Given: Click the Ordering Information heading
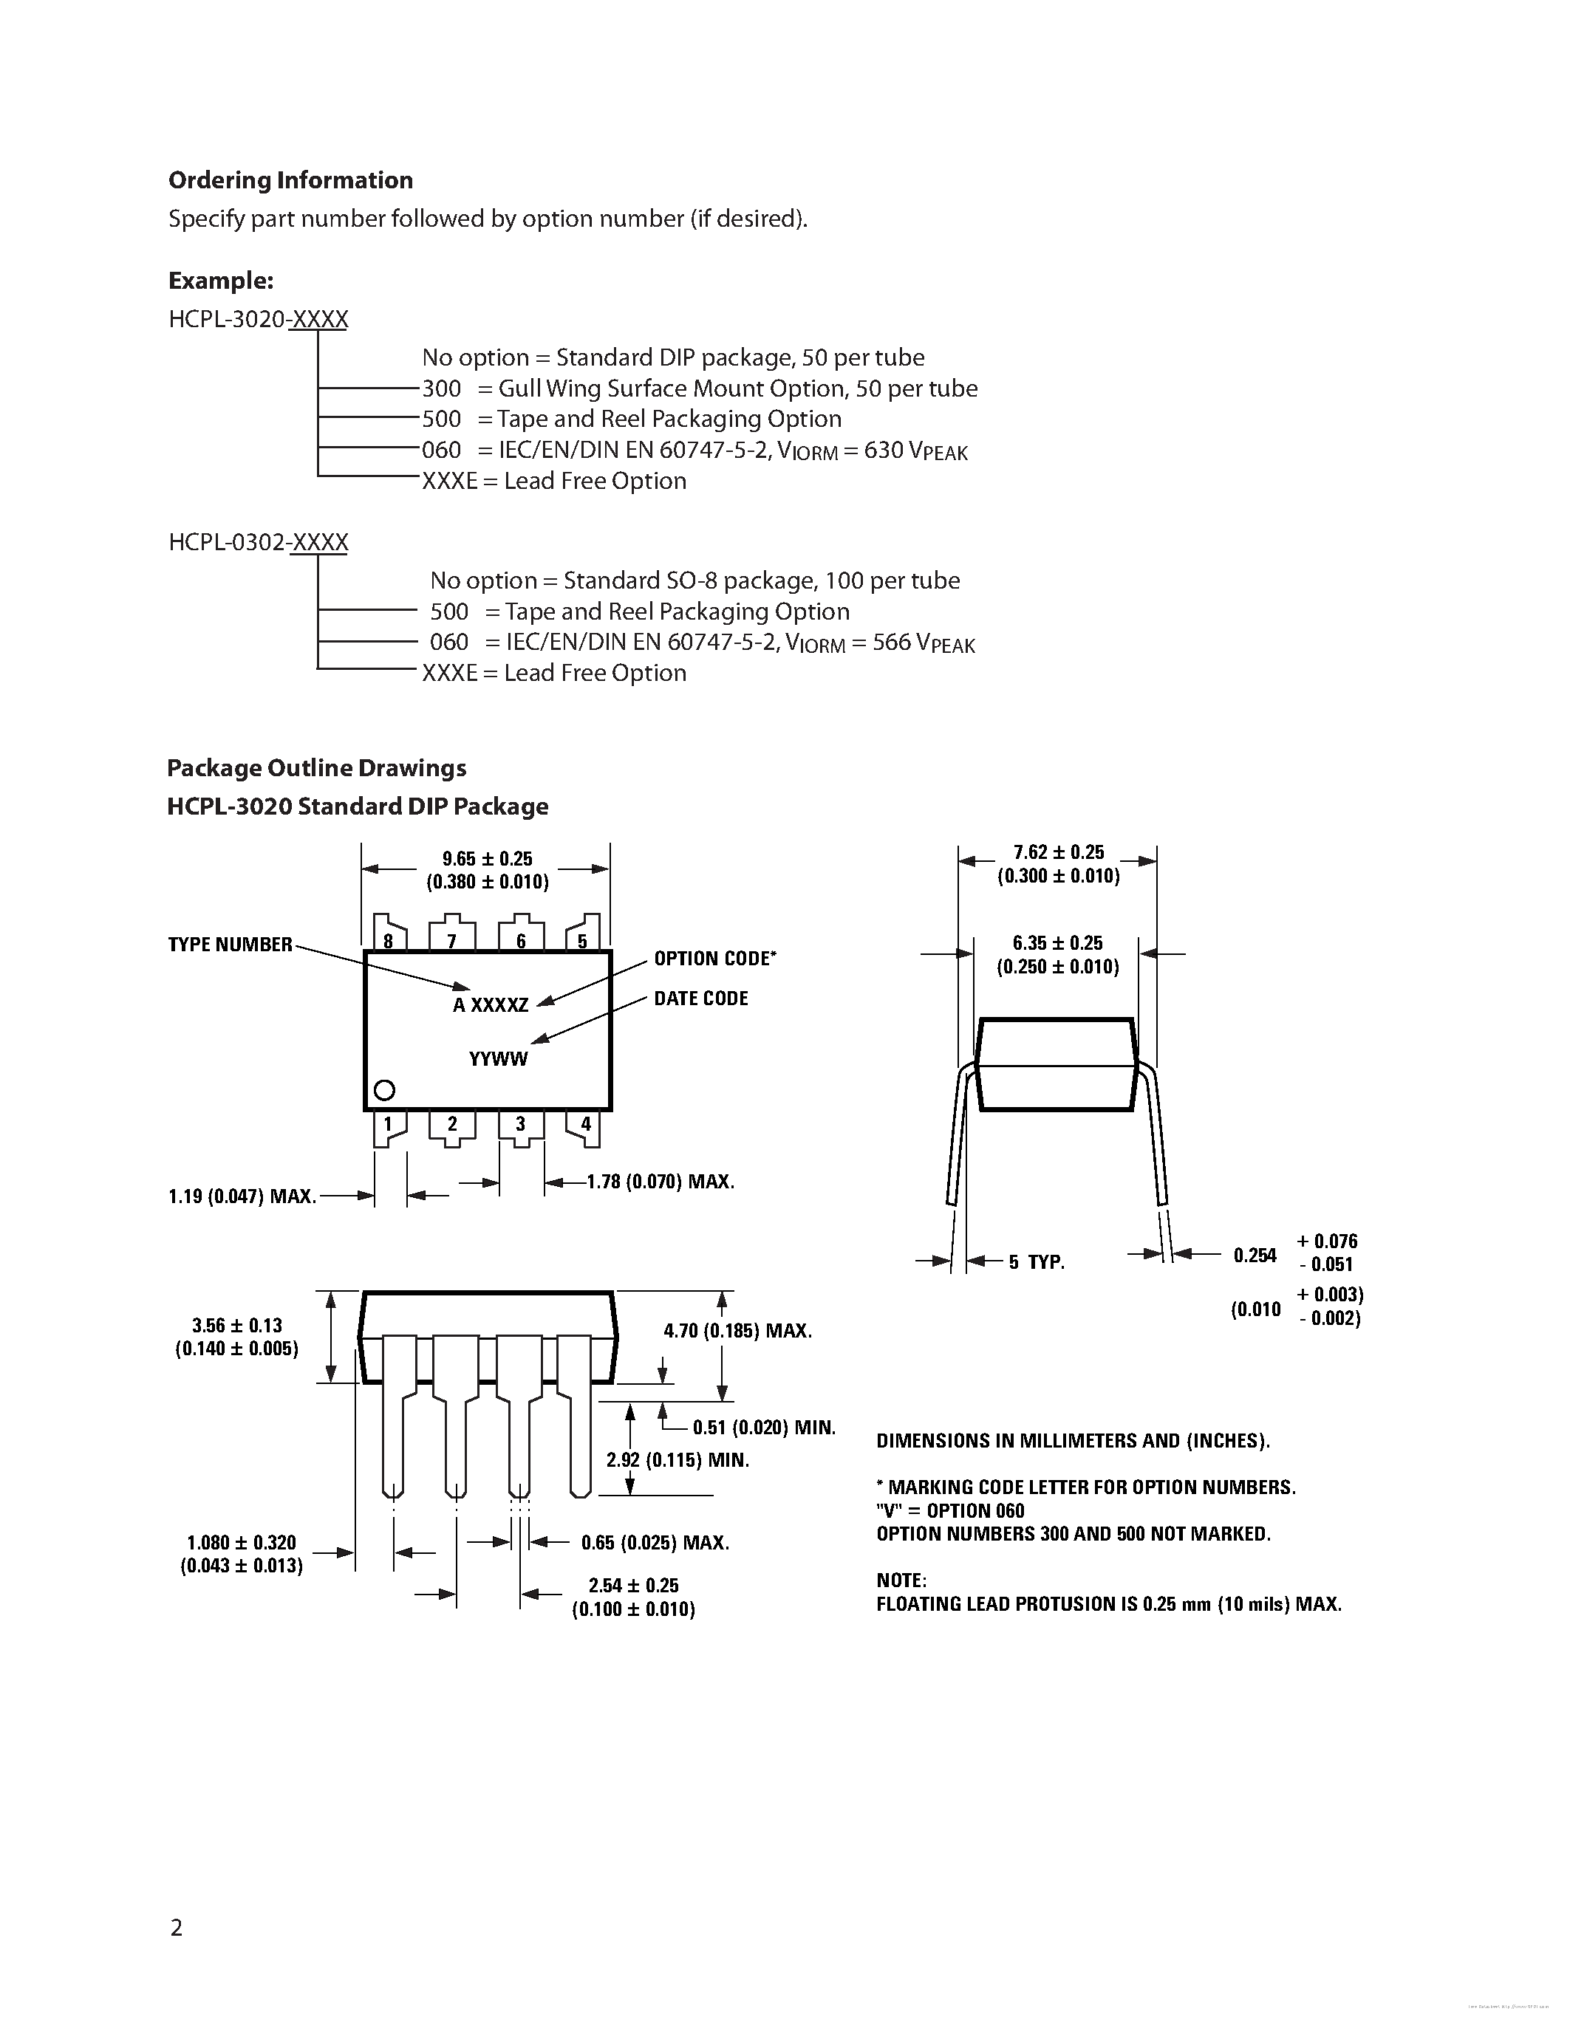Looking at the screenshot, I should pos(290,180).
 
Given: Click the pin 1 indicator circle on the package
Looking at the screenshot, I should pos(384,1090).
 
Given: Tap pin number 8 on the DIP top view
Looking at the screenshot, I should pos(388,940).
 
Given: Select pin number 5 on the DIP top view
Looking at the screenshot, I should pos(582,940).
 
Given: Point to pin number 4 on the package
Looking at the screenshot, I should pos(585,1124).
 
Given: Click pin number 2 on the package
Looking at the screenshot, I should pos(452,1124).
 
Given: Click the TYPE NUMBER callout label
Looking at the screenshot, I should pos(230,945).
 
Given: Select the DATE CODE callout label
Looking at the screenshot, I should pos(700,999).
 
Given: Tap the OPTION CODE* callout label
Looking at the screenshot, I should pos(714,959).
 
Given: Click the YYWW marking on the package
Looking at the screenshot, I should pos(498,1059).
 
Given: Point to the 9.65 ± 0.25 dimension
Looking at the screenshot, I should pos(488,859).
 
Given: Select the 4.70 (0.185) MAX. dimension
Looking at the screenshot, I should pos(737,1331).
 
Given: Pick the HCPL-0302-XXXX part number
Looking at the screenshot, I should pos(259,542).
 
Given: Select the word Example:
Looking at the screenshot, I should pos(220,281).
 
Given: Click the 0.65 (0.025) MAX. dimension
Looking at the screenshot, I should pos(655,1543).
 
